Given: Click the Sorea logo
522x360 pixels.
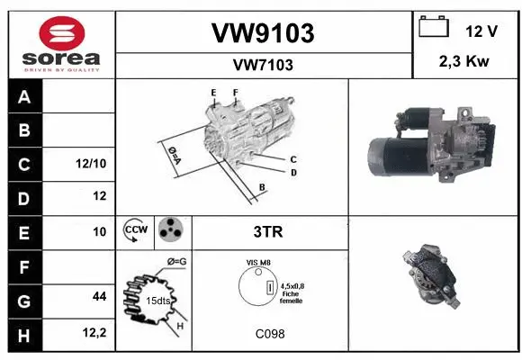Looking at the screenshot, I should coord(61,44).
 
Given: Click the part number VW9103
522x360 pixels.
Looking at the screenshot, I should coord(263,33).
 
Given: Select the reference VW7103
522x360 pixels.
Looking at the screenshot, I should coord(263,65).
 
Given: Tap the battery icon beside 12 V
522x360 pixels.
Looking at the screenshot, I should coord(434,28).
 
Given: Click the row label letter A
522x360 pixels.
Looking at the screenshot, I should coord(23,97).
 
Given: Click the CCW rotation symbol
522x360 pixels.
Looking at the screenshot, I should coord(137,230).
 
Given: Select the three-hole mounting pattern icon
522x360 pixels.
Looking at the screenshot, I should coord(170,230).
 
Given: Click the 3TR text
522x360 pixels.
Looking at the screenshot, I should coord(267,231).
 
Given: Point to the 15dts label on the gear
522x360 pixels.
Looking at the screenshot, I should coord(159,301).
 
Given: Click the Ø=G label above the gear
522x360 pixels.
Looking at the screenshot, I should coord(176,262).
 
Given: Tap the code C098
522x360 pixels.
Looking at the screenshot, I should coord(268,334).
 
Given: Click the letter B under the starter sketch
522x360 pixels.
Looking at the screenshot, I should coord(261,186).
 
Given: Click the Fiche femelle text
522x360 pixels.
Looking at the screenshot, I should coord(290,297).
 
